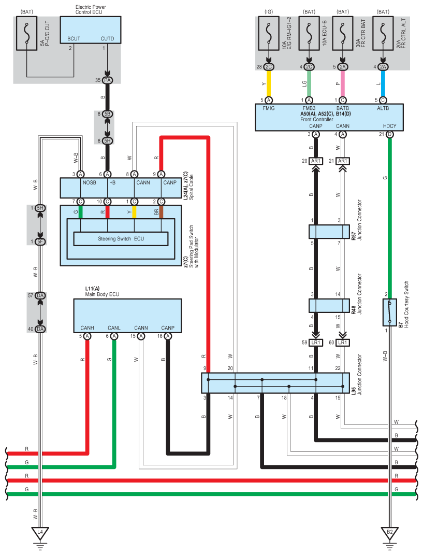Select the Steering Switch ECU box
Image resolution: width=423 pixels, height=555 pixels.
(121, 239)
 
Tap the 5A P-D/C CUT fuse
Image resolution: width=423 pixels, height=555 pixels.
(26, 33)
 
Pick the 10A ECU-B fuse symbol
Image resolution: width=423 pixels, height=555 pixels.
(309, 33)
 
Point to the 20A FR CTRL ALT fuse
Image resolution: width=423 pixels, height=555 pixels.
(383, 33)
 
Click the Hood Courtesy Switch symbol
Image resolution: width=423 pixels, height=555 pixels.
(389, 312)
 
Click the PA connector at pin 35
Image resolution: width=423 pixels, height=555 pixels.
(108, 80)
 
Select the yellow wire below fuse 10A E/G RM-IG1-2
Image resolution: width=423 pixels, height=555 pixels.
(268, 83)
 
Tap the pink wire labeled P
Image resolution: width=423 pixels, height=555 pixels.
(342, 83)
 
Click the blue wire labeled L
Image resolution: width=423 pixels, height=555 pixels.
(383, 83)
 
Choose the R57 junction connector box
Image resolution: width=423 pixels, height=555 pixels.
(329, 232)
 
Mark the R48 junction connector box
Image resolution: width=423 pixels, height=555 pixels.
(329, 305)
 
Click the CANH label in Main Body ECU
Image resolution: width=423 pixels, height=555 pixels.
(87, 328)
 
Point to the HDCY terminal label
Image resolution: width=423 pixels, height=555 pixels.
(389, 126)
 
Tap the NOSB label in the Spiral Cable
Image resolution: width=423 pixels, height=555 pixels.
(89, 182)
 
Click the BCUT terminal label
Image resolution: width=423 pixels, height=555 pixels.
(74, 38)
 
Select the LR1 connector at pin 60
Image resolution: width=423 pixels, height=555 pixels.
(342, 343)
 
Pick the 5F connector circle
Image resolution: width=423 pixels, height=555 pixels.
(40, 242)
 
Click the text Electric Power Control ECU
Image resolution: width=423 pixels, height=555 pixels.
(91, 9)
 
